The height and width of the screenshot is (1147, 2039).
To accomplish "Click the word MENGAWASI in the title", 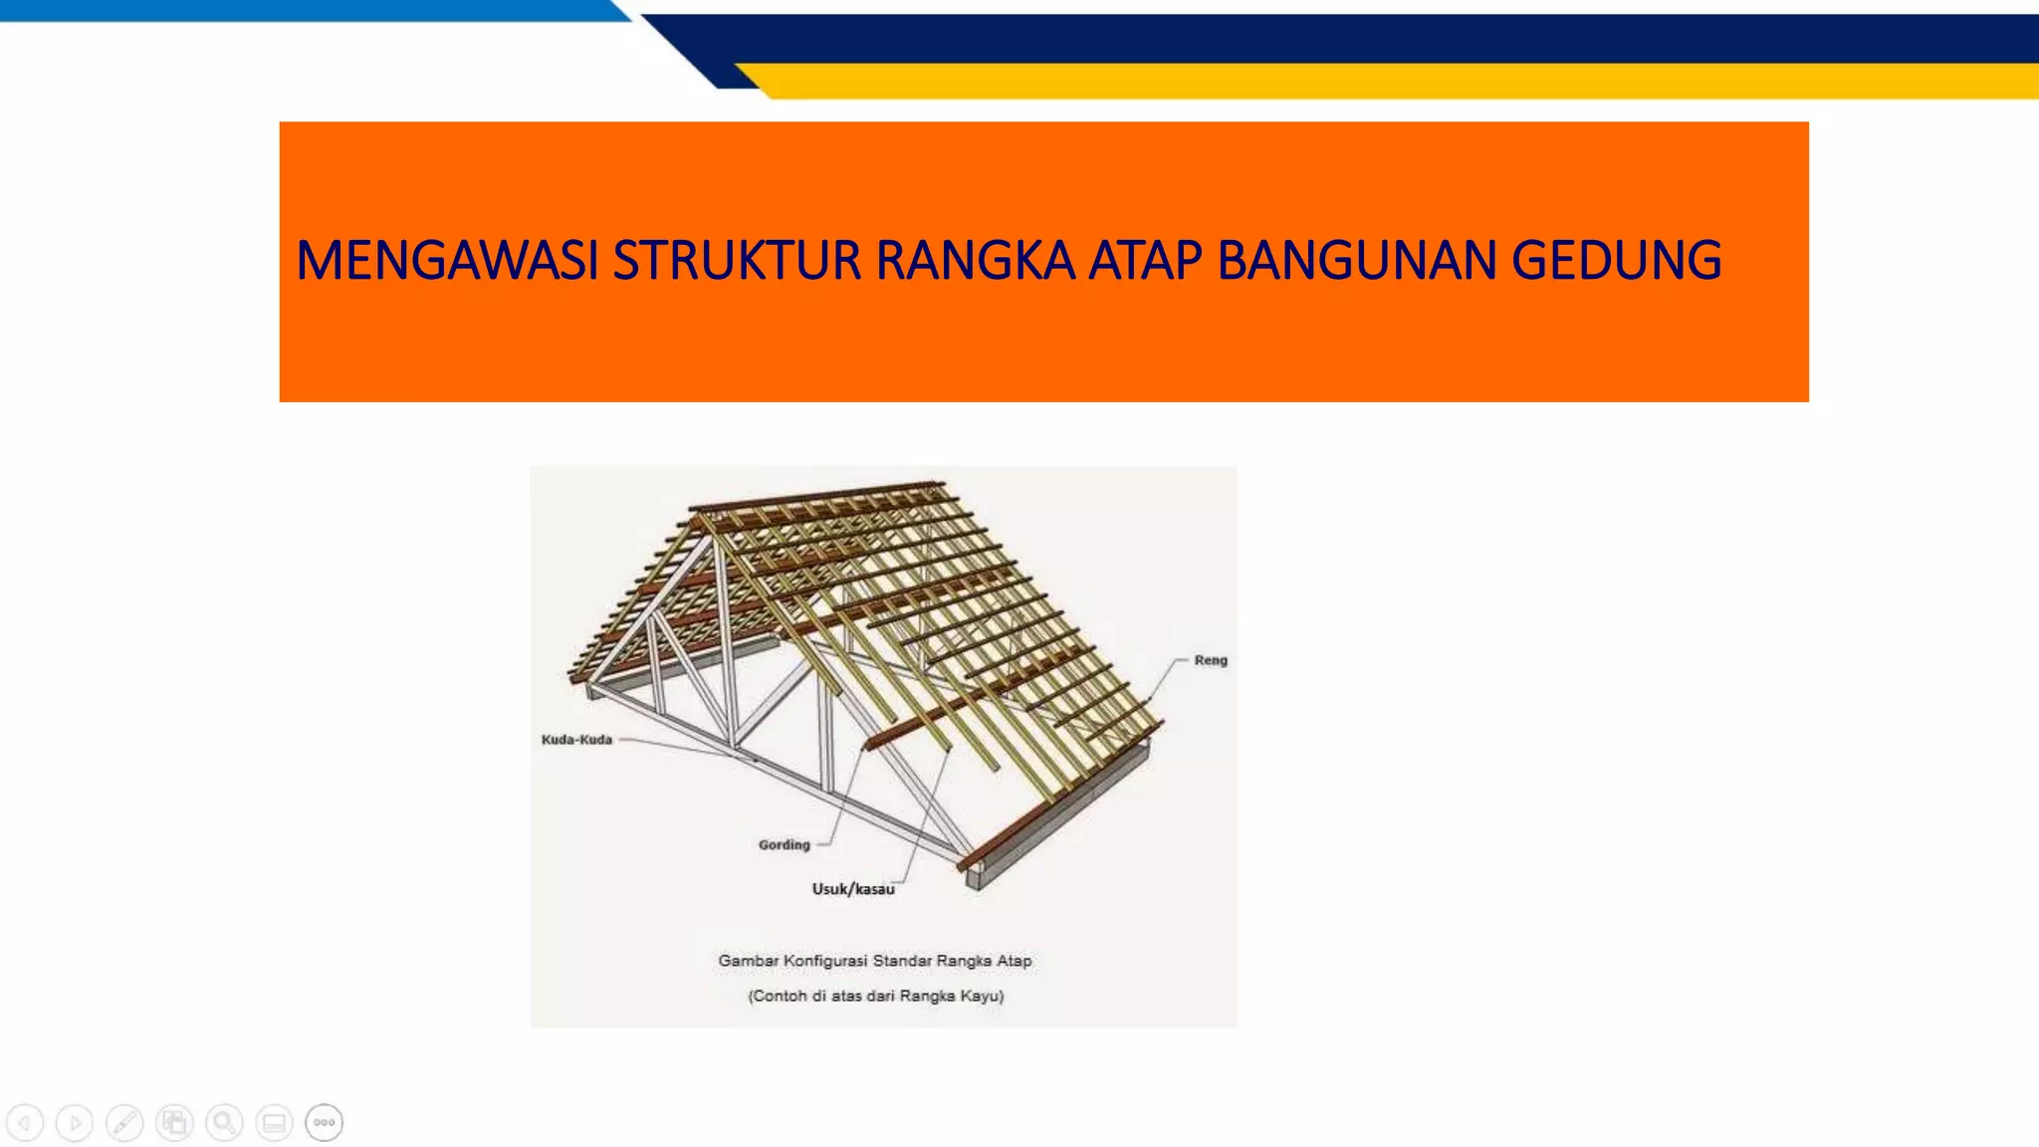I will point(446,261).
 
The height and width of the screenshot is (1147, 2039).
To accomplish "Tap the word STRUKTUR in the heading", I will point(737,261).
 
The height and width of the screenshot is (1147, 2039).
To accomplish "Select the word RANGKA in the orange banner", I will point(975,261).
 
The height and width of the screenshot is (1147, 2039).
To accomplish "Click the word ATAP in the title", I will point(1145,261).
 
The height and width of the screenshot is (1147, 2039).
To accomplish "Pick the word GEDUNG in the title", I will point(1616,261).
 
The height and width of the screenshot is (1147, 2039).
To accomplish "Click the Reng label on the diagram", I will point(1211,660).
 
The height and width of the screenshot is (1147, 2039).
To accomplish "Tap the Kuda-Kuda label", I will point(576,740).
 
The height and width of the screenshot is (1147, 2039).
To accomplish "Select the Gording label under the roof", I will point(785,845).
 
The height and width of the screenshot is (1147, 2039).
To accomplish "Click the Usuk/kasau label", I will point(853,889).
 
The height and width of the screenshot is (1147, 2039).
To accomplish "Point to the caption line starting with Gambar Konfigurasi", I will point(875,961).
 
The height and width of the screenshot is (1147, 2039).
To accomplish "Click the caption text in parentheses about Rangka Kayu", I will point(876,996).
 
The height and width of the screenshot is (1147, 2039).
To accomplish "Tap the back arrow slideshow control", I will point(25,1123).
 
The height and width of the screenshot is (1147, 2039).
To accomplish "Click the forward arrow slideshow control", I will point(75,1123).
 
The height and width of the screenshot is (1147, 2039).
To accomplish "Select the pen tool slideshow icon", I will point(124,1123).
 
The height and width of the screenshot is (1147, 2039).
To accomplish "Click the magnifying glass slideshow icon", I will point(224,1123).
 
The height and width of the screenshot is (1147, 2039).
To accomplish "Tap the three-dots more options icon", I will point(324,1123).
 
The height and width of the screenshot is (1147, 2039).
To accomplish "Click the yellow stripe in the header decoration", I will point(1394,81).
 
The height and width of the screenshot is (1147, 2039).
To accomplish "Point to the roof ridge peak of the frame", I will point(709,513).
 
